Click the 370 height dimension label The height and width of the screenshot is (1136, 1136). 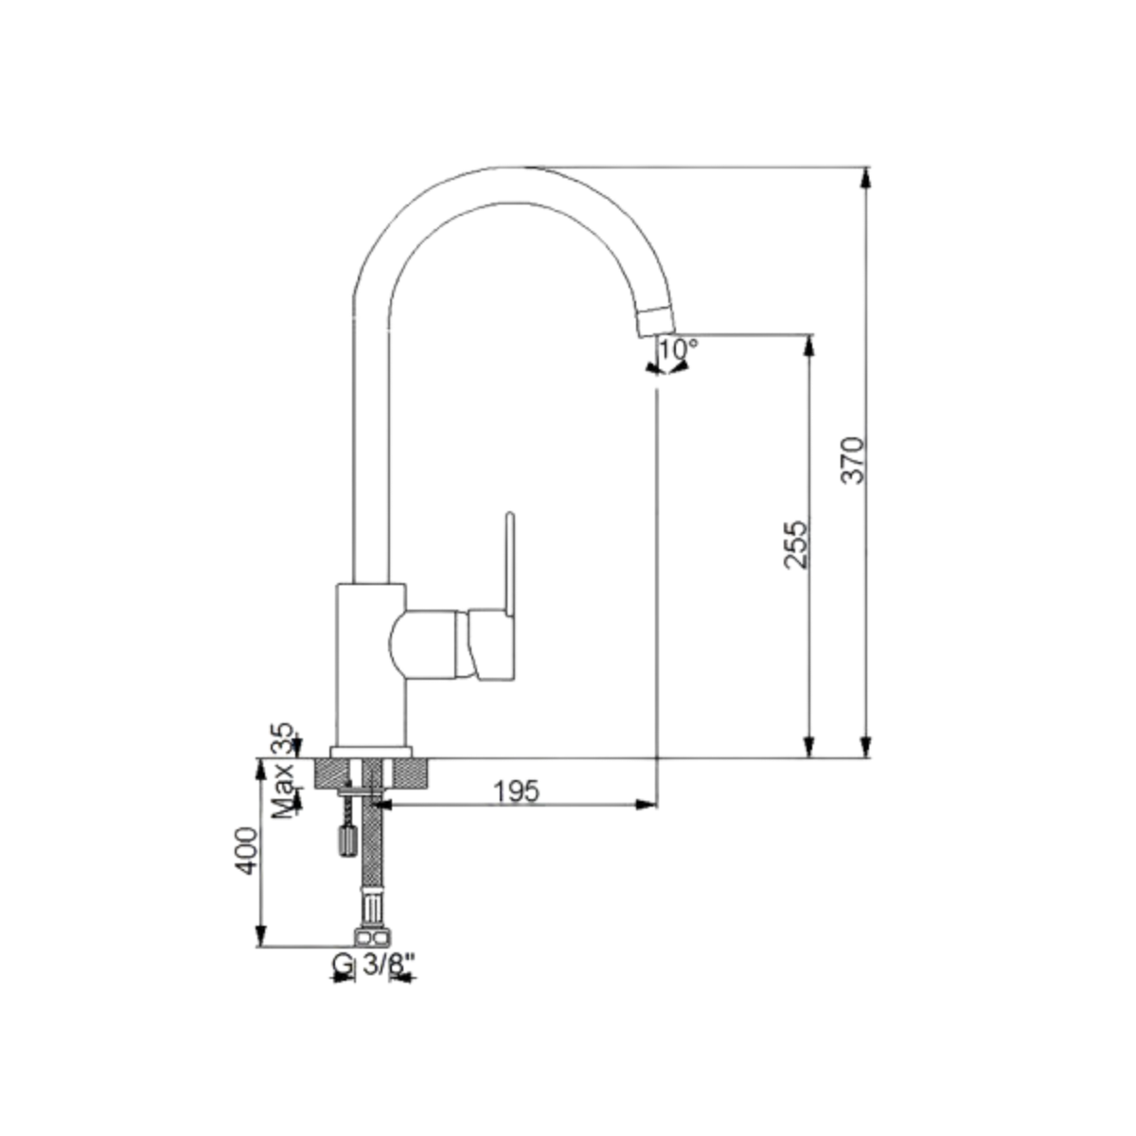(852, 460)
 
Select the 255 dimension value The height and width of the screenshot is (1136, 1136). (796, 543)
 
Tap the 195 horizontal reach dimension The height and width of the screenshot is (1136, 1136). (517, 791)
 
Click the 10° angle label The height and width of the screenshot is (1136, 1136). (678, 349)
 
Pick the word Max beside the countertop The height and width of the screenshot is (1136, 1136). (284, 790)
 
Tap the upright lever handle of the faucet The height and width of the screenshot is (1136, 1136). (510, 566)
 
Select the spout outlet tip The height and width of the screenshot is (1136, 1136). (658, 323)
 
